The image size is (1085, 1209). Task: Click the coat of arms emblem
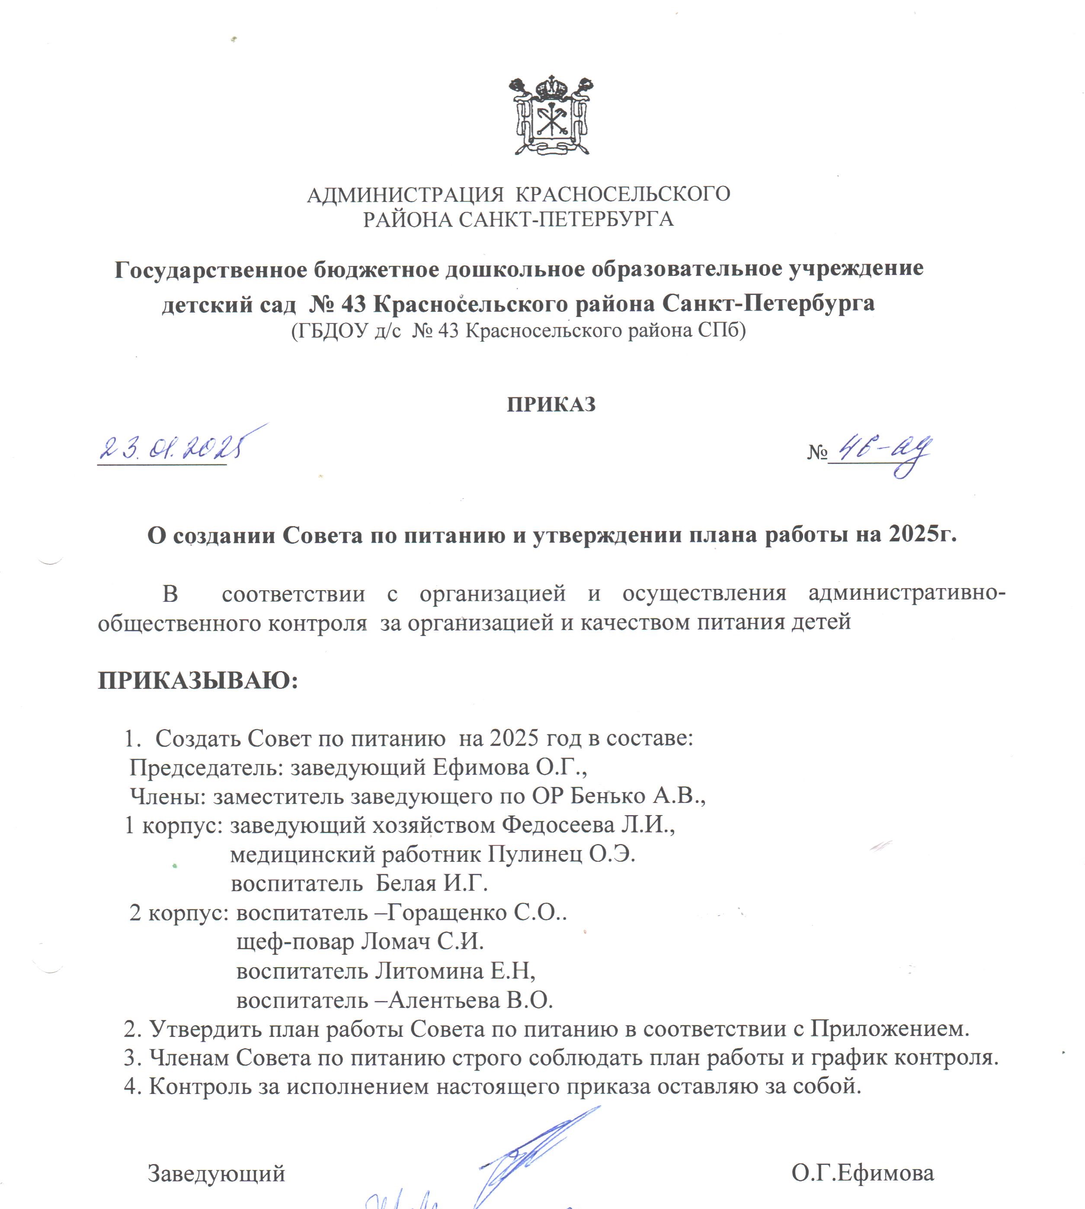tap(551, 115)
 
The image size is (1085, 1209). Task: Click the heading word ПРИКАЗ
tap(551, 405)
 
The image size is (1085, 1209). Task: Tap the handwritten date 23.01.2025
tap(173, 448)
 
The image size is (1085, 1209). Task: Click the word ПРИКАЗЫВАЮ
tap(197, 680)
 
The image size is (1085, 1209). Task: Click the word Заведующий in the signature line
tap(216, 1173)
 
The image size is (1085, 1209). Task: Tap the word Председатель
tap(206, 767)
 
